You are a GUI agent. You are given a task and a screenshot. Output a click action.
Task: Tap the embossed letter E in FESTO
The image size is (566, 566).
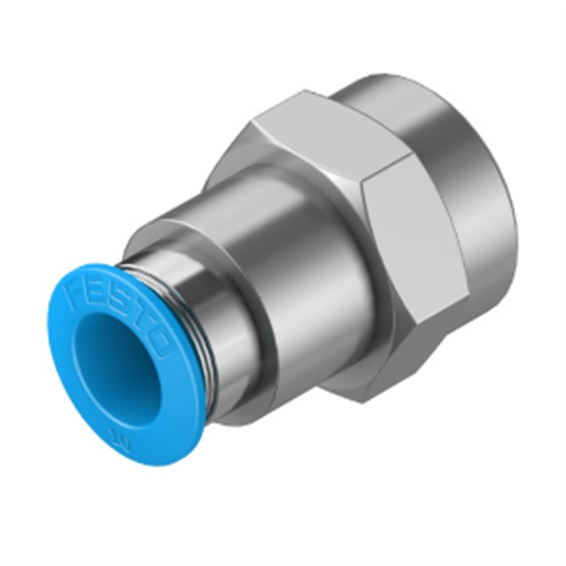(90, 298)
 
